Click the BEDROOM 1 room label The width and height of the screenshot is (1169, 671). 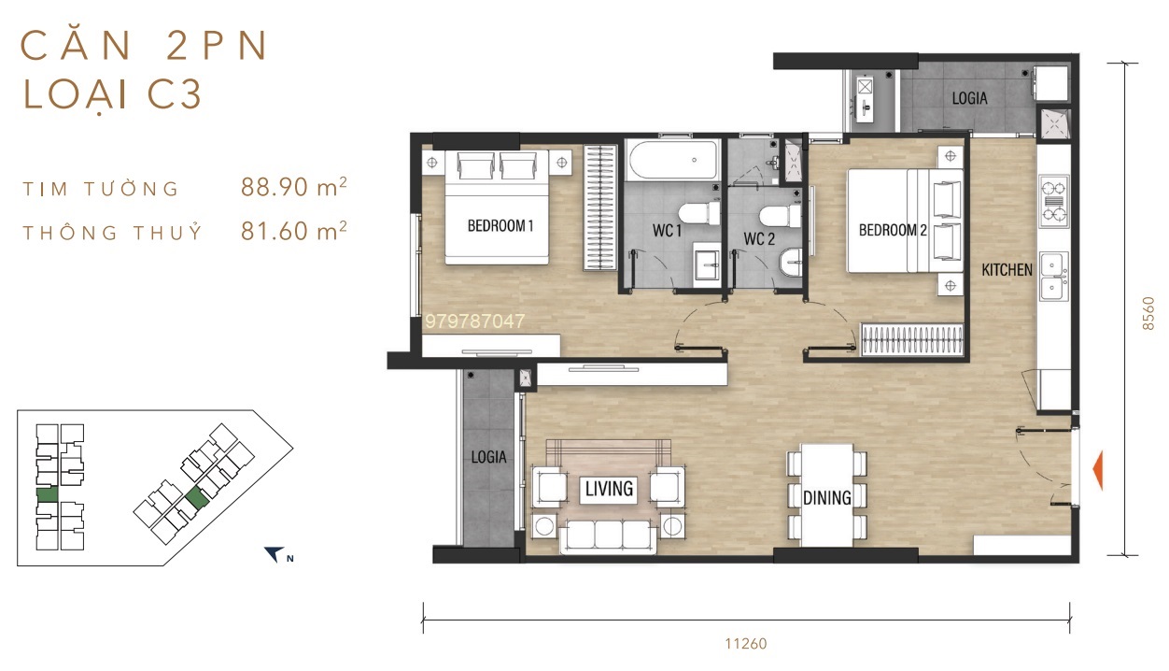(x=500, y=225)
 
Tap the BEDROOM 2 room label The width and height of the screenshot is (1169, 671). (x=893, y=230)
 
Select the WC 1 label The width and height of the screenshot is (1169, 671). (x=667, y=230)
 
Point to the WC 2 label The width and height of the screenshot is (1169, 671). (x=759, y=238)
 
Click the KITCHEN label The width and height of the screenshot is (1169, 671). (x=1007, y=269)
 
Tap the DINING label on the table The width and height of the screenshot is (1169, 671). (x=826, y=497)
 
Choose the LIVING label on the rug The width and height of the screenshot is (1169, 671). (x=609, y=489)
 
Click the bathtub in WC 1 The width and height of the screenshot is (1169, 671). (x=673, y=160)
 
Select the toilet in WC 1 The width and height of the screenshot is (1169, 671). (x=698, y=214)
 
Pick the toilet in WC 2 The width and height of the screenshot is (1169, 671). (x=780, y=216)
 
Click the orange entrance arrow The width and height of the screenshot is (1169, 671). (x=1097, y=470)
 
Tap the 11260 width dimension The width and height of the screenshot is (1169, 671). (x=746, y=644)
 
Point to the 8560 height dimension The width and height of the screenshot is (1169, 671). (x=1148, y=313)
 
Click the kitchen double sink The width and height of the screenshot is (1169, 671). (x=1053, y=277)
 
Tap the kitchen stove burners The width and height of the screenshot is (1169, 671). (x=1053, y=201)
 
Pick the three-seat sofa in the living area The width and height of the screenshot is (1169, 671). (x=608, y=536)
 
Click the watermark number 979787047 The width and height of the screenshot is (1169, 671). (x=474, y=321)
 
